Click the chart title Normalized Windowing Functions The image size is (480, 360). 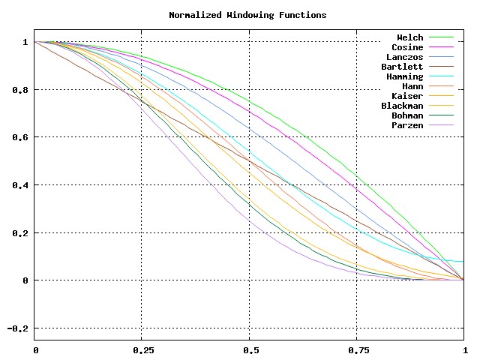247,15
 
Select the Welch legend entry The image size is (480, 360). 410,37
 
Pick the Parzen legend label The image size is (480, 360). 408,125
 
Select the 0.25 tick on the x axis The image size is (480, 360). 142,350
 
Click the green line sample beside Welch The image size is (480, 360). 442,37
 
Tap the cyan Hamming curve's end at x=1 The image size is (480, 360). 463,262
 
